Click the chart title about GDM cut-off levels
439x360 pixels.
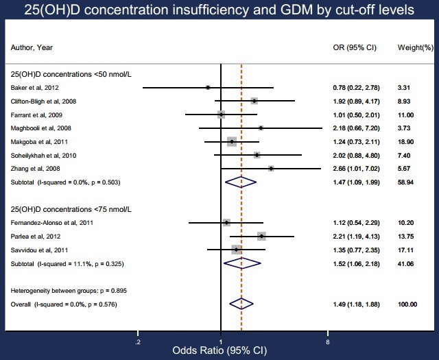(x=219, y=11)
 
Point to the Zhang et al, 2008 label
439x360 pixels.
(x=35, y=168)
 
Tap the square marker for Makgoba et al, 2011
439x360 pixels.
(x=232, y=141)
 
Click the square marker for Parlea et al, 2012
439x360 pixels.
(x=261, y=236)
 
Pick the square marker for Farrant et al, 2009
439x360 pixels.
(x=221, y=115)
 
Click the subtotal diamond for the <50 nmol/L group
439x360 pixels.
(x=240, y=182)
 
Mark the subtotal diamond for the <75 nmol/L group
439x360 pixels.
(x=243, y=263)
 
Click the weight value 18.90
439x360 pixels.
(x=405, y=141)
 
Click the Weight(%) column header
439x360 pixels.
(x=416, y=48)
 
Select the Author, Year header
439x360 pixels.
(x=32, y=48)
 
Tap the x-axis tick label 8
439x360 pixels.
(x=328, y=341)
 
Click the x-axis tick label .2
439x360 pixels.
(x=139, y=341)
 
